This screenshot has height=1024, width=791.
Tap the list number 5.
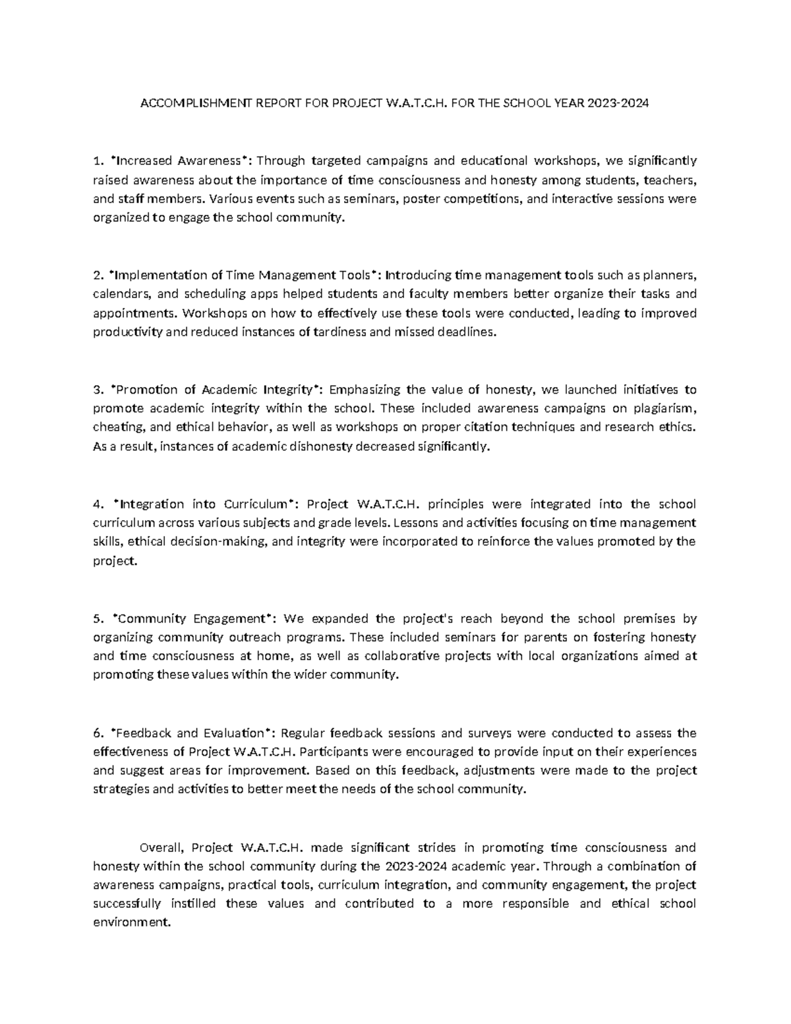[98, 619]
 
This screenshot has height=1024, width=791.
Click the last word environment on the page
[132, 923]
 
